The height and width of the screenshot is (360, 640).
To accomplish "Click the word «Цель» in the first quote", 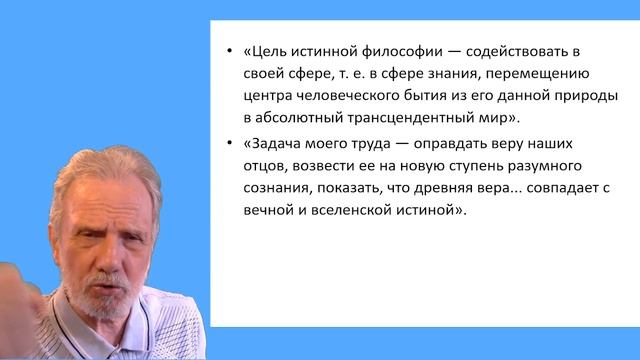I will pyautogui.click(x=270, y=52).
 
